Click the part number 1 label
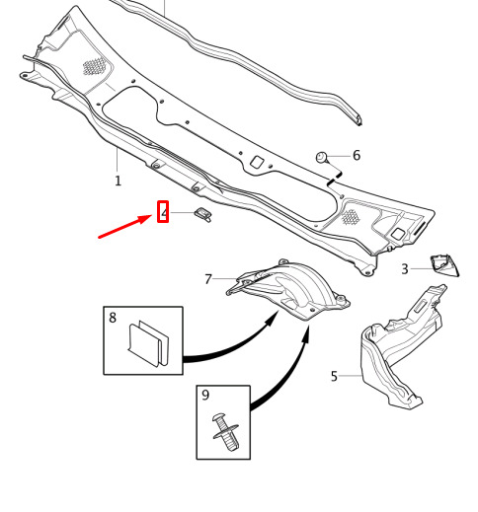point(118,181)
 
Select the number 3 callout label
point(405,269)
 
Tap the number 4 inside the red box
point(164,212)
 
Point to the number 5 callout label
point(334,376)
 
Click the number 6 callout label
point(357,155)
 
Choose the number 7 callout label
point(208,279)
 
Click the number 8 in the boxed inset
point(113,318)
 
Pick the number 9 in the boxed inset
point(205,395)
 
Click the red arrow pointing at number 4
point(125,226)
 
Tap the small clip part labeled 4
point(203,214)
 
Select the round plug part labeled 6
point(322,158)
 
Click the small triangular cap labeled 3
point(444,264)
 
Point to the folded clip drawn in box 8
point(149,343)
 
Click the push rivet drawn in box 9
point(225,432)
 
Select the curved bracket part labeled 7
point(288,290)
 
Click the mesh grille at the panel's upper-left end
point(94,66)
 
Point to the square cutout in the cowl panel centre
point(257,162)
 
